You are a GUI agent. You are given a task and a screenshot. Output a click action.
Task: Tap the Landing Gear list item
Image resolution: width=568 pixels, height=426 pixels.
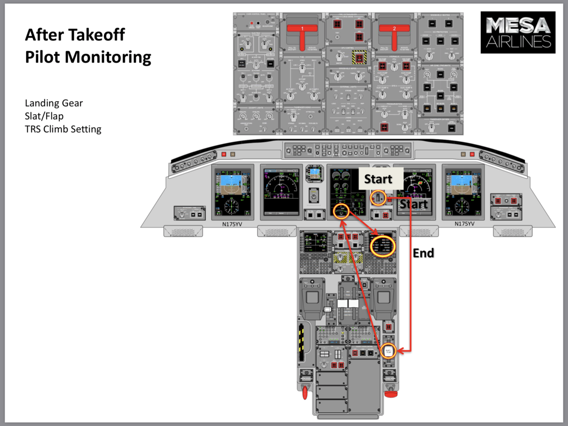click(54, 103)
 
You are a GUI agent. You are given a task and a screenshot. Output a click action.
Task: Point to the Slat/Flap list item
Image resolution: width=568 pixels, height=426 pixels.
click(44, 116)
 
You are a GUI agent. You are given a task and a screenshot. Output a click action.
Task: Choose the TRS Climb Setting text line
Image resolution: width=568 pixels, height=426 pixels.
click(63, 129)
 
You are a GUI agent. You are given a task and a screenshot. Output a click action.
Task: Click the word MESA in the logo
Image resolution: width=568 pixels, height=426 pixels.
click(518, 26)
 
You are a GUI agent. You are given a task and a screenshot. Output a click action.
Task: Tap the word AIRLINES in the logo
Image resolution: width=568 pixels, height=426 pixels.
click(518, 42)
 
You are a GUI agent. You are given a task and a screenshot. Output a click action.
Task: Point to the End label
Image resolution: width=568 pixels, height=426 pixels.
click(423, 253)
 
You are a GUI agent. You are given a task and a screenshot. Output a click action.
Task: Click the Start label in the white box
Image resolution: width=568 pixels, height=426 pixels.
click(378, 179)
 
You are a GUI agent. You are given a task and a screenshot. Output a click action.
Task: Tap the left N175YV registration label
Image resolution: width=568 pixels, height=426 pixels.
click(232, 224)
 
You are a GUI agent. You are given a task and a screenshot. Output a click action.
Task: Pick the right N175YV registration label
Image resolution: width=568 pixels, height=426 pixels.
click(465, 224)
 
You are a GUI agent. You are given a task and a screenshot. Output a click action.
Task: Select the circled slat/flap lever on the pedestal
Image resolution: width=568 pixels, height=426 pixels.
click(388, 351)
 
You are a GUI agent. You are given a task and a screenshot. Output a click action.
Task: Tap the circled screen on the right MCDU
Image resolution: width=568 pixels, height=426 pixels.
click(382, 246)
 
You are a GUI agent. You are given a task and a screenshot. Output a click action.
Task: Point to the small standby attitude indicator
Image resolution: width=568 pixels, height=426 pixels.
click(314, 173)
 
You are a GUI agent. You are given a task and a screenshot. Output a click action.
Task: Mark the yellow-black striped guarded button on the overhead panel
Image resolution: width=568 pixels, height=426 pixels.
click(359, 57)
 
